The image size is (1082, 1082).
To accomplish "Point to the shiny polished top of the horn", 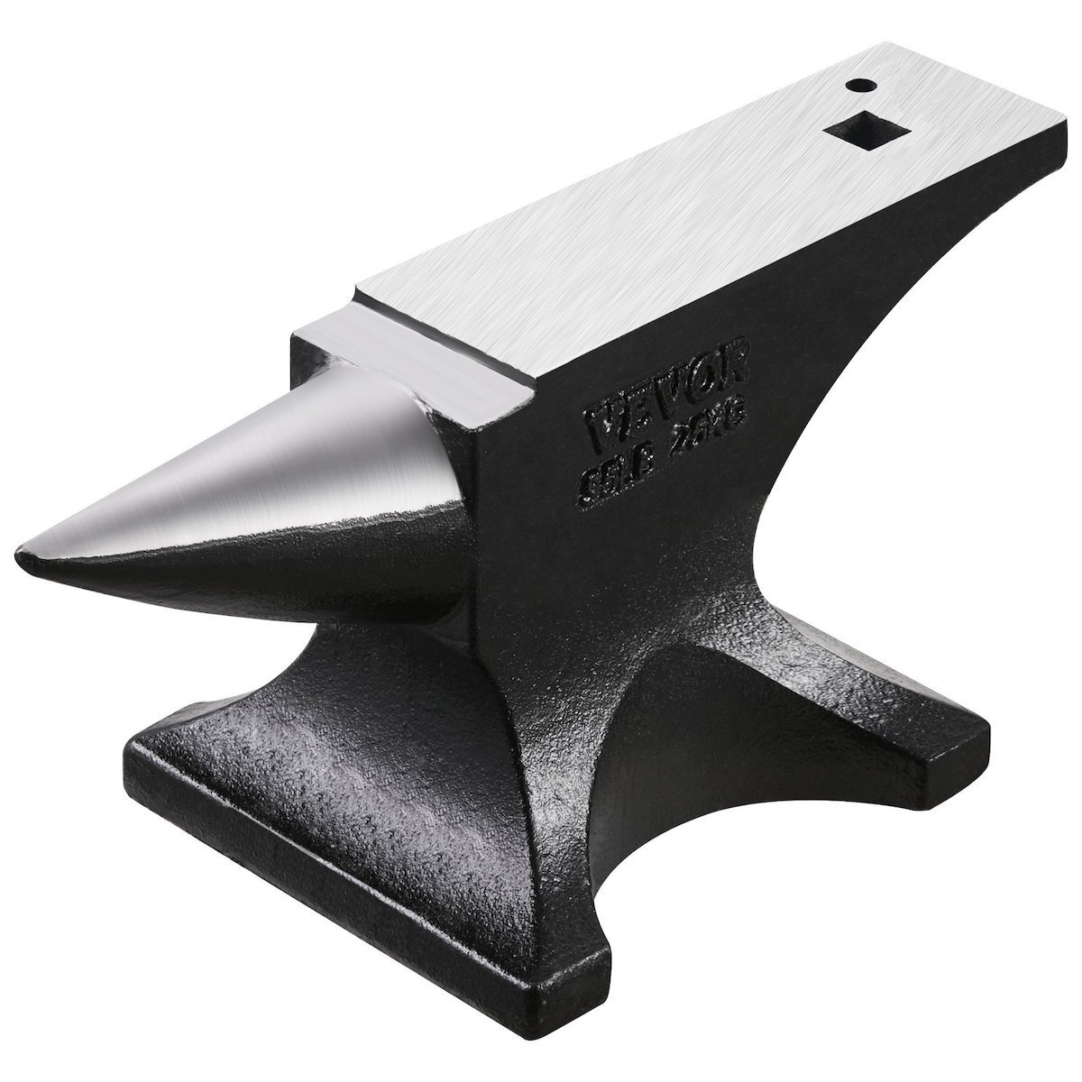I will [270, 469].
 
